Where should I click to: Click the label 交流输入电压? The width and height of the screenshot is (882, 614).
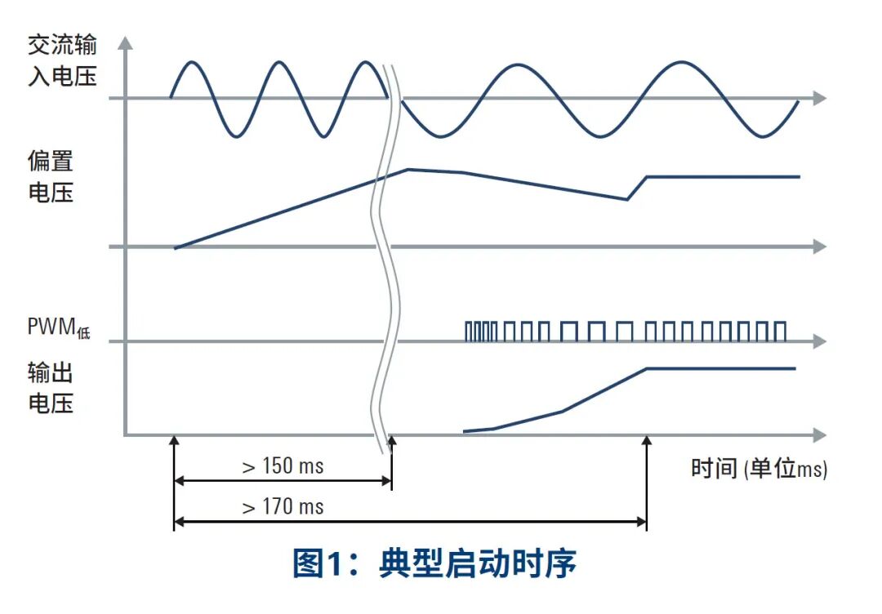(x=62, y=60)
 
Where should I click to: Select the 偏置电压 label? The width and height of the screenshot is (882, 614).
(x=51, y=177)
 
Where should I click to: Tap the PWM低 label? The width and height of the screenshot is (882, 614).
(x=56, y=329)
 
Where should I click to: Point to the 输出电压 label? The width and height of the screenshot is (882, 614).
(x=51, y=388)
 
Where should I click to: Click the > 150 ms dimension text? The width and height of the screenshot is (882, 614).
(x=283, y=466)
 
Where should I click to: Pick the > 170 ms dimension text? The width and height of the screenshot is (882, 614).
(x=283, y=507)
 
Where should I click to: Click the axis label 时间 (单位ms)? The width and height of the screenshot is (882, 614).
(x=759, y=469)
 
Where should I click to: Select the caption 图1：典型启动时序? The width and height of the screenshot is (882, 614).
(x=434, y=564)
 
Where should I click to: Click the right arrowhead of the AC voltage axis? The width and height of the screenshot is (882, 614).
(x=820, y=98)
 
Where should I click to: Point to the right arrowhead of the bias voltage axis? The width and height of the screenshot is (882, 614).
(x=820, y=247)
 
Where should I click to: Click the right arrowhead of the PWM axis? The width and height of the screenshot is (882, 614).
(x=820, y=340)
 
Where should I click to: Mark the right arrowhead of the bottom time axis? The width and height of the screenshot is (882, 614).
(x=820, y=434)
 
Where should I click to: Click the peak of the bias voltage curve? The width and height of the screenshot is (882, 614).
(x=408, y=169)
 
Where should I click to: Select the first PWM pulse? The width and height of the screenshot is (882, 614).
(x=468, y=331)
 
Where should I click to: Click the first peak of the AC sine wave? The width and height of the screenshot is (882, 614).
(x=192, y=62)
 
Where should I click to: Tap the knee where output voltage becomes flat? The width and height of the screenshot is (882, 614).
(x=647, y=369)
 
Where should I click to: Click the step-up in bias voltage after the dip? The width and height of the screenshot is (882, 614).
(x=637, y=187)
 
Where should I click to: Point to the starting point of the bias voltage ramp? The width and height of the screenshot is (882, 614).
(x=175, y=247)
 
